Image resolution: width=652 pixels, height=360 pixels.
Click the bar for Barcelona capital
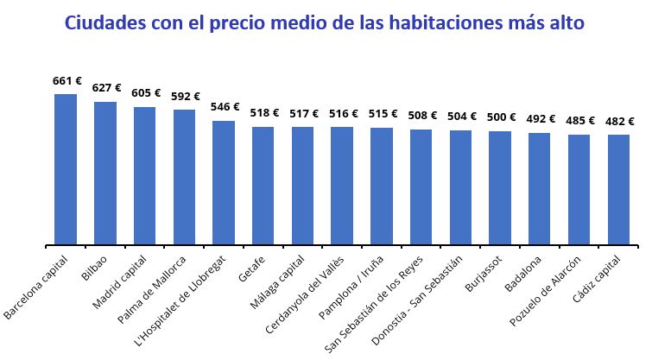pos(66,169)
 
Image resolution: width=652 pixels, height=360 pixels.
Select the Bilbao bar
pos(105,174)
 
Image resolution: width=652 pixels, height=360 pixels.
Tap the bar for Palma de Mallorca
pos(184,177)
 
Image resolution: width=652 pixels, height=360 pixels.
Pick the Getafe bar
pos(263,186)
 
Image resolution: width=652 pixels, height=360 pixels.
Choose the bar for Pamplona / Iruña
pos(382,186)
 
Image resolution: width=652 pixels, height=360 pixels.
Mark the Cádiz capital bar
pos(618,190)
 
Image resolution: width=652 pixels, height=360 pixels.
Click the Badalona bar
pos(540,189)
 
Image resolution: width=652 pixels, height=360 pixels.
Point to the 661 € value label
pos(66,81)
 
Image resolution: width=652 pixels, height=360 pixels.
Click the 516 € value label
pos(343,113)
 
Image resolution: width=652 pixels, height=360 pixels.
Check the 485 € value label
pos(579,121)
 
